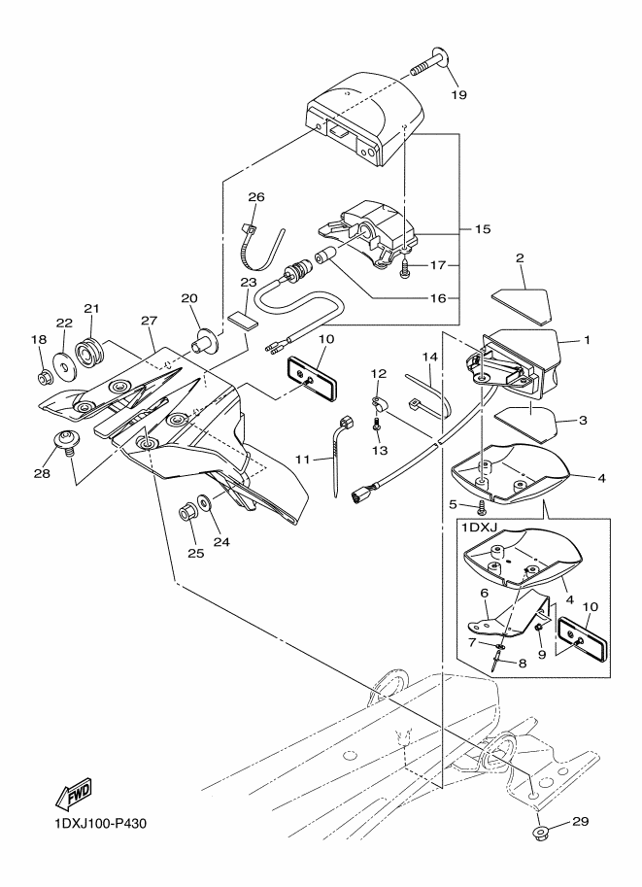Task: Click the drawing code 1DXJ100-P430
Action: pyautogui.click(x=98, y=826)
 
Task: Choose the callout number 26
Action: pyautogui.click(x=255, y=196)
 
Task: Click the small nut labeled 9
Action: pyautogui.click(x=537, y=632)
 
